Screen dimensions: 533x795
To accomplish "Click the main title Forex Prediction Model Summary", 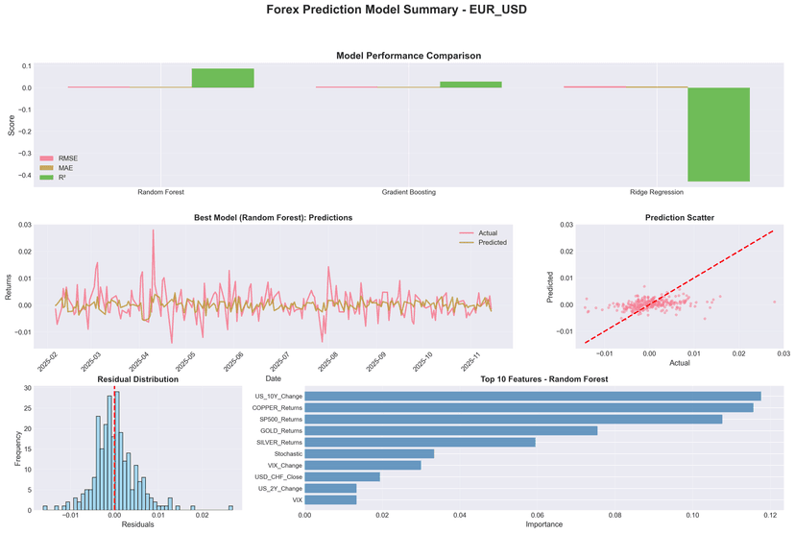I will pos(397,12).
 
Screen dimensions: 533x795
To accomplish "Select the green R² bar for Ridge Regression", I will pos(718,133).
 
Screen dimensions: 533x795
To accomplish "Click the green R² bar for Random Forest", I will pos(223,79).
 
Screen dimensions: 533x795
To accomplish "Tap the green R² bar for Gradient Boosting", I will pos(470,85).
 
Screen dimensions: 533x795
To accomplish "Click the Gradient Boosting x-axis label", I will pos(408,192).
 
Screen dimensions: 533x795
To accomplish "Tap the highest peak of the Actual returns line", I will pos(153,230).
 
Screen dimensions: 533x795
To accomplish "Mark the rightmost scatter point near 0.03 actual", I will pos(774,302).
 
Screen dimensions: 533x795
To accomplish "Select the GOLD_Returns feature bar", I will pos(451,430).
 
